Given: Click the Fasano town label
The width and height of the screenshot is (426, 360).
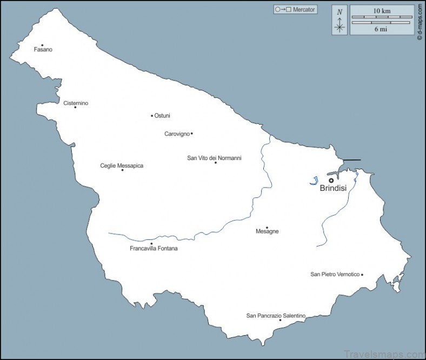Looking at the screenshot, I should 43,50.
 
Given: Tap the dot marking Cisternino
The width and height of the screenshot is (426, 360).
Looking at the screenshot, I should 75,107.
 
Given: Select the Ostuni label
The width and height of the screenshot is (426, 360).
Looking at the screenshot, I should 162,116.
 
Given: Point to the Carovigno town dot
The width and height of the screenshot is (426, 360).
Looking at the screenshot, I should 191,134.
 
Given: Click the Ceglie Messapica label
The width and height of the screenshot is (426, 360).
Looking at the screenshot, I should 122,166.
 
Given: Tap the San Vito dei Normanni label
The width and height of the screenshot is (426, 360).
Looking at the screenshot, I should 214,158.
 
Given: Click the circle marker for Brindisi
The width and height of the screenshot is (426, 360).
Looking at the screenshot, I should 331,181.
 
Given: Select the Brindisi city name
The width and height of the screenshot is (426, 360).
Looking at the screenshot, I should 332,189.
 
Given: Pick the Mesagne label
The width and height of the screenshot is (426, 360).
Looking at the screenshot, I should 267,232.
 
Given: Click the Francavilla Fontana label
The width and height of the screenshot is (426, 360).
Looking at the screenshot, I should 154,249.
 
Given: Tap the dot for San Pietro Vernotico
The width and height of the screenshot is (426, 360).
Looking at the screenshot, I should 362,275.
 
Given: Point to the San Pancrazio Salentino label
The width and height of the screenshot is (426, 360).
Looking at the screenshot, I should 276,316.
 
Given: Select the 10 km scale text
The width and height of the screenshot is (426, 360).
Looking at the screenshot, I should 382,11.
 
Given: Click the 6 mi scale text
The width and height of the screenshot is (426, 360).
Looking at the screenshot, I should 381,29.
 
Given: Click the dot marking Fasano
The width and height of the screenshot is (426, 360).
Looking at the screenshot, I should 42,45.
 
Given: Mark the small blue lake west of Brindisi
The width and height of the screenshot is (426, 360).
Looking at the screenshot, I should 314,182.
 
